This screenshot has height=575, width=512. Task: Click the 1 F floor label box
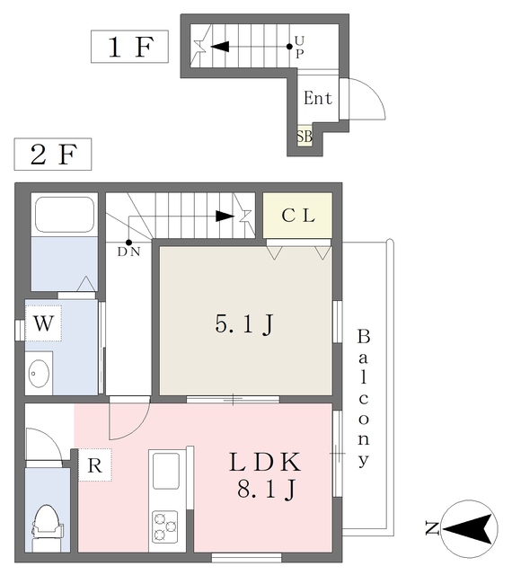(x=129, y=47)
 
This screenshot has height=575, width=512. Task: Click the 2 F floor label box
(x=52, y=155)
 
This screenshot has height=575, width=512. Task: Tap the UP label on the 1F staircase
(x=299, y=46)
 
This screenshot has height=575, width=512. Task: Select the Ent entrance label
(x=318, y=99)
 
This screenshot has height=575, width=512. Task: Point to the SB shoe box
(x=305, y=137)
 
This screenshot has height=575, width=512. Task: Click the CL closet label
(x=297, y=216)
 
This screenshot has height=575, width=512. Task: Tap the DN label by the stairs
(x=128, y=252)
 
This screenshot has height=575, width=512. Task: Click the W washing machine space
(x=42, y=323)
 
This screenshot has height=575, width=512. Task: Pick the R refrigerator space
(x=93, y=465)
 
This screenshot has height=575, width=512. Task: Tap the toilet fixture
(x=44, y=524)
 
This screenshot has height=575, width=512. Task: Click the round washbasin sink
(x=39, y=372)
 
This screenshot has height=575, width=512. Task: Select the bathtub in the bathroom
(x=64, y=215)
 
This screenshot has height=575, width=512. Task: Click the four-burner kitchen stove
(x=165, y=525)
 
